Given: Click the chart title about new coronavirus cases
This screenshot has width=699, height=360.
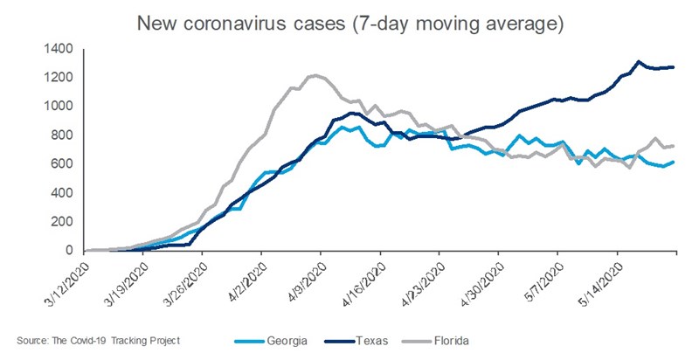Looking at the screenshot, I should pyautogui.click(x=349, y=24).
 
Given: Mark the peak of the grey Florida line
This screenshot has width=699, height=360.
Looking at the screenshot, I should pyautogui.click(x=315, y=75).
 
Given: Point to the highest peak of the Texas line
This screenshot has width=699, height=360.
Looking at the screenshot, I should pyautogui.click(x=639, y=61).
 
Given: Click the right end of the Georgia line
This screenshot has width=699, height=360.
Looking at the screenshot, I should pyautogui.click(x=674, y=162).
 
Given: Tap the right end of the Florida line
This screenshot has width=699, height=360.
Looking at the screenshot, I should pyautogui.click(x=674, y=146).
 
